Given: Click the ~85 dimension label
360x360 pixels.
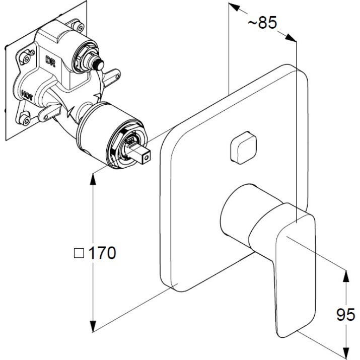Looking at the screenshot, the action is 262,23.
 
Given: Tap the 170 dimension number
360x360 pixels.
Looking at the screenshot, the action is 102,253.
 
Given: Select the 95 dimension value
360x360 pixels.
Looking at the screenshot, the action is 345,314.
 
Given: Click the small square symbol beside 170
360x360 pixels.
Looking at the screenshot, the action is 79,253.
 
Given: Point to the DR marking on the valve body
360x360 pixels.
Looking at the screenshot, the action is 50,61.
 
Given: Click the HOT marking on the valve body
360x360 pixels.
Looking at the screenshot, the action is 27,94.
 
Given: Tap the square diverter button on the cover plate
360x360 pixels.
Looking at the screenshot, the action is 243,148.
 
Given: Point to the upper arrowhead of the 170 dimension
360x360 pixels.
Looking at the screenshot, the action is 93,180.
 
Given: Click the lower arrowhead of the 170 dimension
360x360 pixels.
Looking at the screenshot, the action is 93,326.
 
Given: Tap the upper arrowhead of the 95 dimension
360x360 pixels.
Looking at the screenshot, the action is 346,276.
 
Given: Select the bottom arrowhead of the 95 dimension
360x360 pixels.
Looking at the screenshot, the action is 346,353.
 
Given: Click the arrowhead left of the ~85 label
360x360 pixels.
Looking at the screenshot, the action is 234,7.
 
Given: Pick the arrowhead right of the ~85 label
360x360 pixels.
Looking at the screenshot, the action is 291,38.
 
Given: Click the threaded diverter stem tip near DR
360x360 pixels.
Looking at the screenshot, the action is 99,64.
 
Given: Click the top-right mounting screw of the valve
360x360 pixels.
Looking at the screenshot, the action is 80,27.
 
